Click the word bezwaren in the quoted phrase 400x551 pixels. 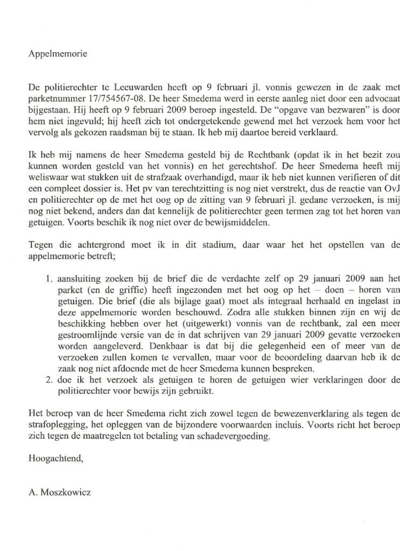click(332, 107)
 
